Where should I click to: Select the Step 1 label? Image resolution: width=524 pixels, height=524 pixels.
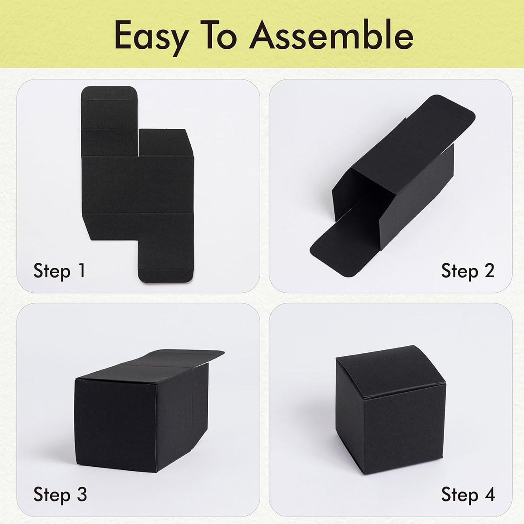coord(59,271)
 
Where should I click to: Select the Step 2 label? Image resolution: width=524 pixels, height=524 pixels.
coord(467,271)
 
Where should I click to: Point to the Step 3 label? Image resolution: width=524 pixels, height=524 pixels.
coord(60,495)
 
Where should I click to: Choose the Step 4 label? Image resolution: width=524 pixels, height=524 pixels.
coord(468,495)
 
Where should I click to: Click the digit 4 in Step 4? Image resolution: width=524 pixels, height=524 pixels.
coord(489,495)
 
